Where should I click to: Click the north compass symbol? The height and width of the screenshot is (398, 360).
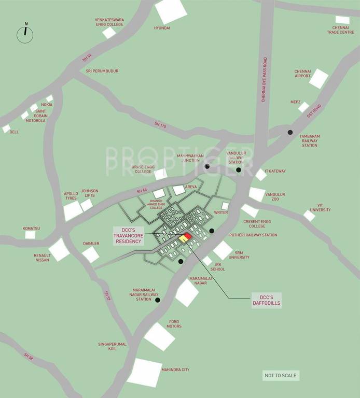point(25,35)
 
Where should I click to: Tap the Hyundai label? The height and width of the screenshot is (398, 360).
point(162,27)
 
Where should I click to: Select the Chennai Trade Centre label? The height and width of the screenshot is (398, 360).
point(340,30)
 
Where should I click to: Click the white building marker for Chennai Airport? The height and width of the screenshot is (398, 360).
point(319,79)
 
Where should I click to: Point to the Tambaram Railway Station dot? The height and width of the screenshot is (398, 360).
point(290,132)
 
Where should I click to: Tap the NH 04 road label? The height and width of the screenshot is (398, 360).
point(87,58)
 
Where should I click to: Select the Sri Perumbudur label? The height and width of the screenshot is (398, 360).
point(102,70)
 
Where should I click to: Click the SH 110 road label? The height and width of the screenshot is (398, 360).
point(160,125)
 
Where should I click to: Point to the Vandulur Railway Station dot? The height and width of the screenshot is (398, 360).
point(239,169)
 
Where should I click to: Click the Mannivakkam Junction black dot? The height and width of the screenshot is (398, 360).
point(207,166)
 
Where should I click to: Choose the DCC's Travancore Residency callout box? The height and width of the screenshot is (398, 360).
point(128,235)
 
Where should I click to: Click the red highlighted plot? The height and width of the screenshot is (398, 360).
point(188,236)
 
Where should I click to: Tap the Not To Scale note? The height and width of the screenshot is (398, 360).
point(281,376)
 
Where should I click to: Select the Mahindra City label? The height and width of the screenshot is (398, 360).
point(175,369)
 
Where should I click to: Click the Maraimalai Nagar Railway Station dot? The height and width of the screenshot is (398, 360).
point(157,300)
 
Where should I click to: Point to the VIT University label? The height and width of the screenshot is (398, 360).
point(320,207)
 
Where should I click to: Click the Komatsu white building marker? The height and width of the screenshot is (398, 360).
point(31,235)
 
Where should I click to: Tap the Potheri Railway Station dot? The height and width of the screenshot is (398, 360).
point(212,231)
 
